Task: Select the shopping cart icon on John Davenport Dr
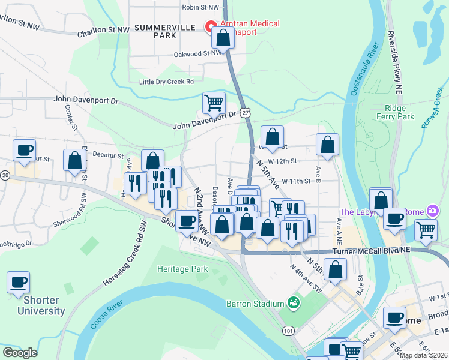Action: point(214,103)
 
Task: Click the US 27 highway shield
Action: point(245,113)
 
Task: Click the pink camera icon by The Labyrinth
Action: point(431,211)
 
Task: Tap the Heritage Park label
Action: point(182,269)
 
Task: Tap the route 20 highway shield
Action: point(5,175)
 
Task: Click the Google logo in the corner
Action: point(20,353)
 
